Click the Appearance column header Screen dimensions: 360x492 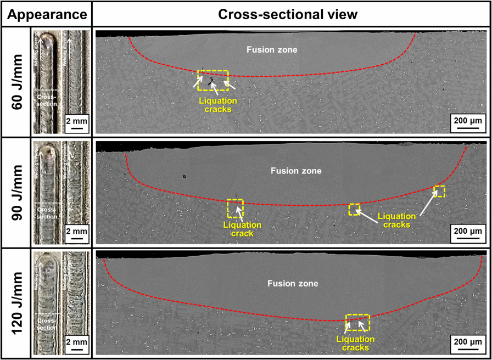coord(46,14)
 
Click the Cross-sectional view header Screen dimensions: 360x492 coord(288,14)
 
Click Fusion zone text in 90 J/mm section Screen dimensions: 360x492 coord(296,171)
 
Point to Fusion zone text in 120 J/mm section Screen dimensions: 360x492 coord(292,283)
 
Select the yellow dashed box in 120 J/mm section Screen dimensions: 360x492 coord(358,322)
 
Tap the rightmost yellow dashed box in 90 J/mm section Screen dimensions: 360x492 coord(439,192)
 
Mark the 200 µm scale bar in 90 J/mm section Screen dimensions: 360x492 coord(467,235)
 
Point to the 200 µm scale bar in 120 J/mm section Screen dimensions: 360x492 coord(467,346)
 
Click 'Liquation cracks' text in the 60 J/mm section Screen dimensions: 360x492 coord(218,105)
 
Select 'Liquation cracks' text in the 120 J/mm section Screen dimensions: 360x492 coord(355,343)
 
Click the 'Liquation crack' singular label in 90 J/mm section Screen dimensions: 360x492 coord(235,229)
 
